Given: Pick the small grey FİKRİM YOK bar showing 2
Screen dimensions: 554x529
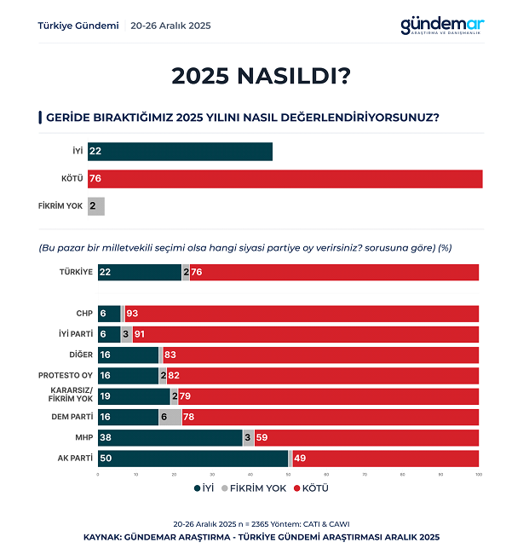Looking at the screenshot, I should (95, 206).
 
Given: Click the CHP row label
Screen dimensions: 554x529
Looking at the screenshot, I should (83, 314).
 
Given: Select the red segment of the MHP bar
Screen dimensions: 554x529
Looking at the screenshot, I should (366, 438).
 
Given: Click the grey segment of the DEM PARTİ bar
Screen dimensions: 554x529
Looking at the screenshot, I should (170, 417).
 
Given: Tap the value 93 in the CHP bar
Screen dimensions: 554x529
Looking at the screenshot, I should (132, 314).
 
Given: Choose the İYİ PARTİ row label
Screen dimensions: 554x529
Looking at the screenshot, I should (74, 334).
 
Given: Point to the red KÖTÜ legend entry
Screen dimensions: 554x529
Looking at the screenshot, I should (310, 488).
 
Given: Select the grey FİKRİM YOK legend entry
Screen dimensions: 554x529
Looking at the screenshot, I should (253, 488).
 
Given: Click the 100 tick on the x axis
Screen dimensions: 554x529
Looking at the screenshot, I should (479, 474).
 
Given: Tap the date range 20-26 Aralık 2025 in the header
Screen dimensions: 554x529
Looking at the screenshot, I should (170, 26).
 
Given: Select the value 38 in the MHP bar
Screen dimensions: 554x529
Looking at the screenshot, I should (106, 438).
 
